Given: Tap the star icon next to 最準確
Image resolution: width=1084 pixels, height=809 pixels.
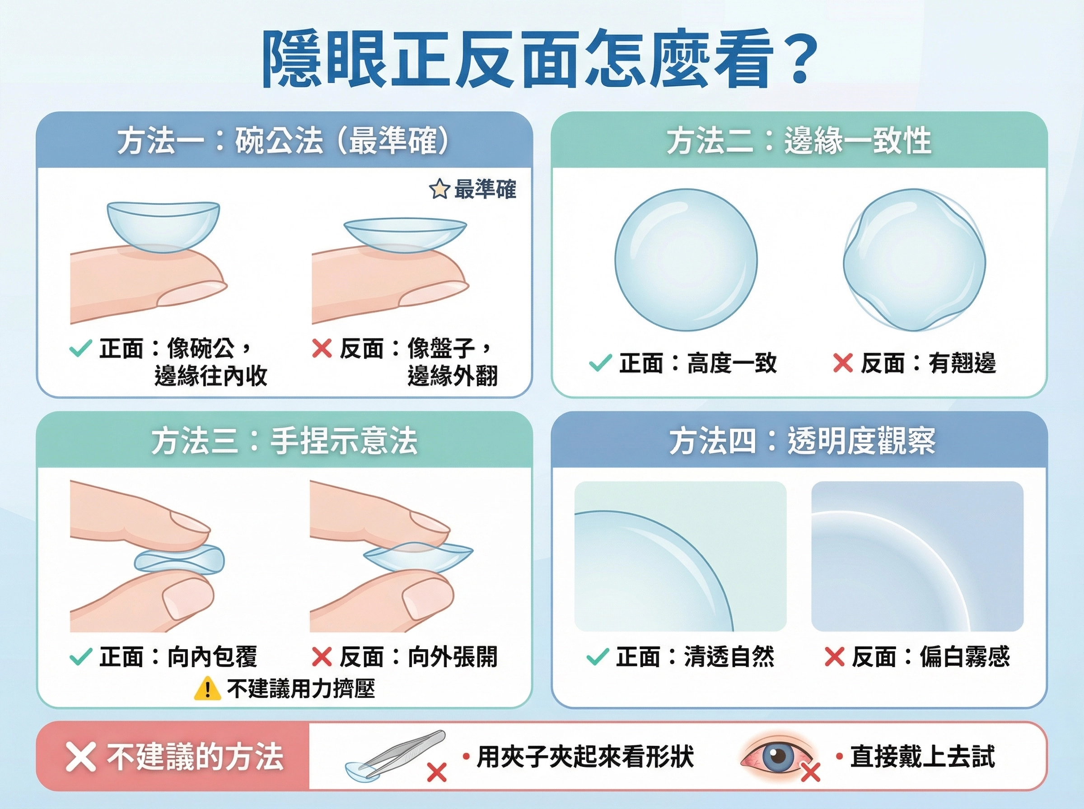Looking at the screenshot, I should pyautogui.click(x=439, y=189).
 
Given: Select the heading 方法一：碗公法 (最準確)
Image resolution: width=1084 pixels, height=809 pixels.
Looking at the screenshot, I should pyautogui.click(x=283, y=141).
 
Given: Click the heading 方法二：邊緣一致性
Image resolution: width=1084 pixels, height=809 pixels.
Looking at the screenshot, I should pyautogui.click(x=799, y=141).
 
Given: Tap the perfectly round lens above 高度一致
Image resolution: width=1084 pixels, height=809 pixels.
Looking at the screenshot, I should pyautogui.click(x=686, y=260).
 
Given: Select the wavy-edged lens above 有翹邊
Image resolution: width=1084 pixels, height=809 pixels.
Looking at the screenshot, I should pyautogui.click(x=914, y=260).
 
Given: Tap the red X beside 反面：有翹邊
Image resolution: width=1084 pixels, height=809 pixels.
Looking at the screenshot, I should pyautogui.click(x=842, y=363).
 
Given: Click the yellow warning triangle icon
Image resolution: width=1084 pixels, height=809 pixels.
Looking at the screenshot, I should pyautogui.click(x=208, y=688).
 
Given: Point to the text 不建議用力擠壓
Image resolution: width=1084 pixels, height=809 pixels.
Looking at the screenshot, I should pyautogui.click(x=301, y=688).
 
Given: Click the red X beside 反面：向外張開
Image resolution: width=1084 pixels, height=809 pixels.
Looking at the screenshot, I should pyautogui.click(x=322, y=657).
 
